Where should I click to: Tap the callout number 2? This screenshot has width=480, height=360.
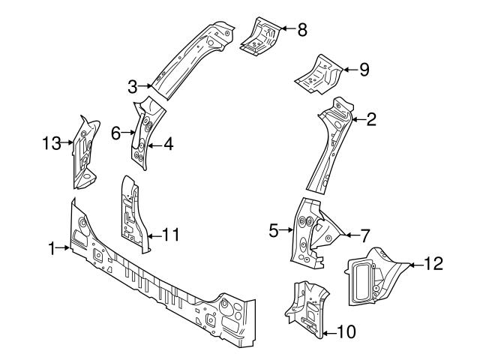[370, 118]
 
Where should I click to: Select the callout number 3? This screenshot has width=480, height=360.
[133, 85]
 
